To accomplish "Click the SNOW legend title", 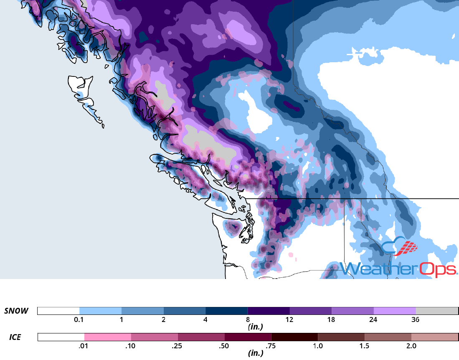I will tap(16, 311).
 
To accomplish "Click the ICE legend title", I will tap(16, 337).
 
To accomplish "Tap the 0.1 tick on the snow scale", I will tap(79, 320).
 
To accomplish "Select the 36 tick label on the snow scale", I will tap(415, 320).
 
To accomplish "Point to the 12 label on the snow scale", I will tap(289, 320).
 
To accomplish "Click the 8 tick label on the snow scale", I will tap(248, 320).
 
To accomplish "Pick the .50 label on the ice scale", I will tap(224, 346).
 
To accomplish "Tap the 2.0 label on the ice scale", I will tap(411, 346).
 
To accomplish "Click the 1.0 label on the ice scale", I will tap(318, 346).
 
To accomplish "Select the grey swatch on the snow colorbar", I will tap(437, 311).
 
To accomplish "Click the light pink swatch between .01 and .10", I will tap(108, 337).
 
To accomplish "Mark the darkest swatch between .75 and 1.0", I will tap(294, 337).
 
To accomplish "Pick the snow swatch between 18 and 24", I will tap(352, 311).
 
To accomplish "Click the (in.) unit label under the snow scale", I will tap(254, 327).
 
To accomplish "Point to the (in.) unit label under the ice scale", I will tap(254, 353).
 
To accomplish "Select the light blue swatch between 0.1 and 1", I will tap(100, 311).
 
